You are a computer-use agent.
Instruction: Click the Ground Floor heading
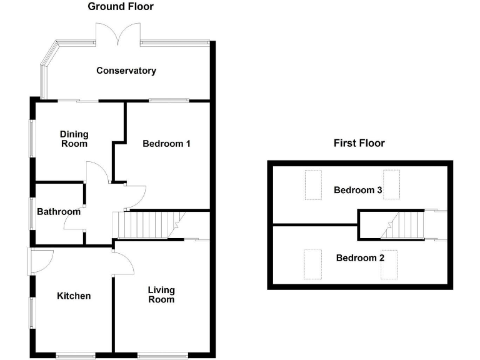tap(120, 7)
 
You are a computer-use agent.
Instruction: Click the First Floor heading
tap(359, 143)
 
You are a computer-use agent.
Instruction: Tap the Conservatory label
tap(126, 71)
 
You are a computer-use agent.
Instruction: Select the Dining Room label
tap(74, 139)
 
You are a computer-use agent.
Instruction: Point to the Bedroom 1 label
tap(166, 144)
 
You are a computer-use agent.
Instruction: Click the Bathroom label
tap(59, 212)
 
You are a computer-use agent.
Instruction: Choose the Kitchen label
tap(74, 296)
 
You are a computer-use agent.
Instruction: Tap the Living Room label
tap(161, 294)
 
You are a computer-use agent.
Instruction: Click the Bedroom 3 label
tap(357, 190)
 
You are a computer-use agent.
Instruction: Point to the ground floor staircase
tap(147, 225)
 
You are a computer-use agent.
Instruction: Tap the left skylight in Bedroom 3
tap(313, 184)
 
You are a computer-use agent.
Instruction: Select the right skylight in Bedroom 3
tap(391, 184)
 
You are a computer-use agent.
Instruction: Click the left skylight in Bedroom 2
tap(312, 264)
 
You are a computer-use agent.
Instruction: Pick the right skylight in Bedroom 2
tap(391, 264)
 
